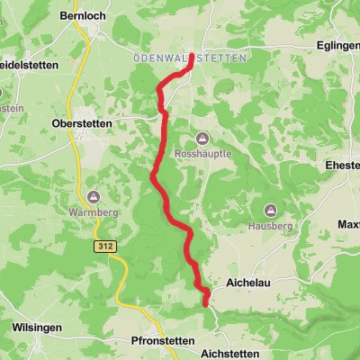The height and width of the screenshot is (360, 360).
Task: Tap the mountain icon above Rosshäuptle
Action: [x=201, y=138]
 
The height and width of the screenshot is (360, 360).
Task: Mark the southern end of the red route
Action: [x=206, y=303]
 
